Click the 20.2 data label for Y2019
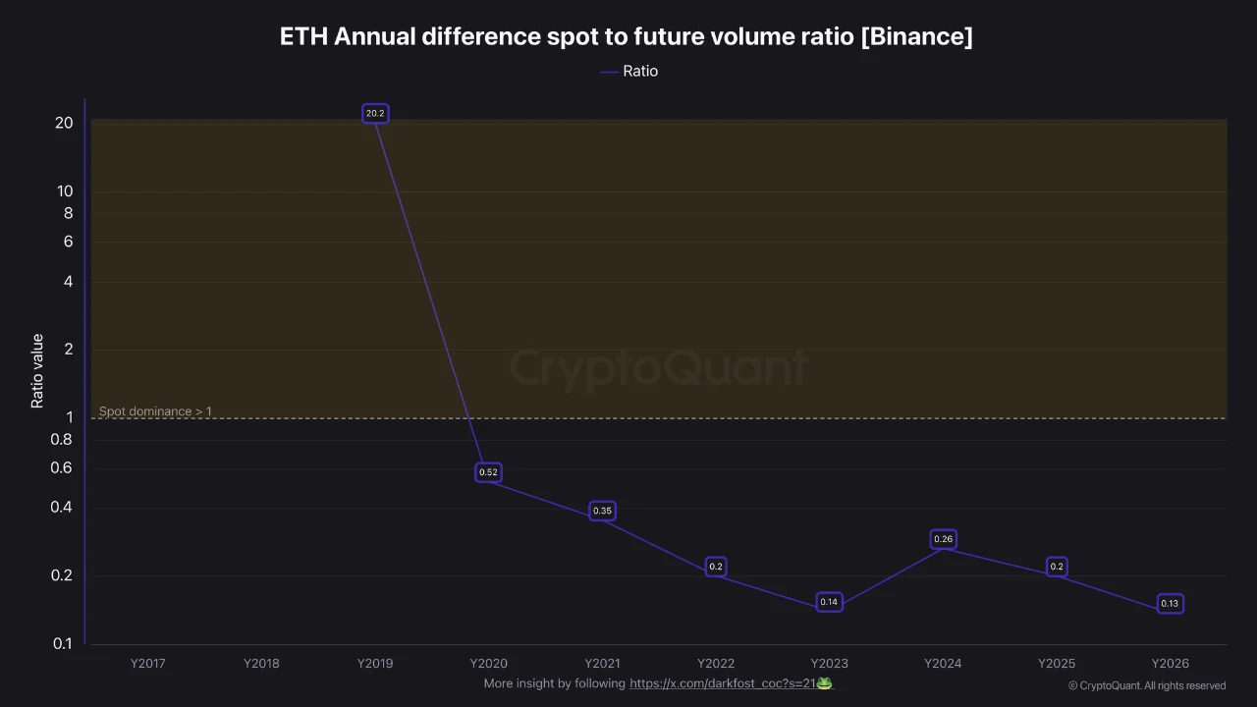375,114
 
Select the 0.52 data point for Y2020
488,472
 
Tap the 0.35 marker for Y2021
602,511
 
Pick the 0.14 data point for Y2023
829,602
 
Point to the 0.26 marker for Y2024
943,539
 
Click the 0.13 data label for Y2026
1170,604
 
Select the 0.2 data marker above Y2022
716,567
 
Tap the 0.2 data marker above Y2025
1057,567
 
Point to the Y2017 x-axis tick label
148,663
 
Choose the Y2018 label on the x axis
261,663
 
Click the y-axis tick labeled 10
65,191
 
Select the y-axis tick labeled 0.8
62,439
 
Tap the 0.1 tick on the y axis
62,643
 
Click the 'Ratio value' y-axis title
37,371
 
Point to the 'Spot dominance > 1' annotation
155,411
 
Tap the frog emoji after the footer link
825,682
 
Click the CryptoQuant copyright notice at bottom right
1146,685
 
